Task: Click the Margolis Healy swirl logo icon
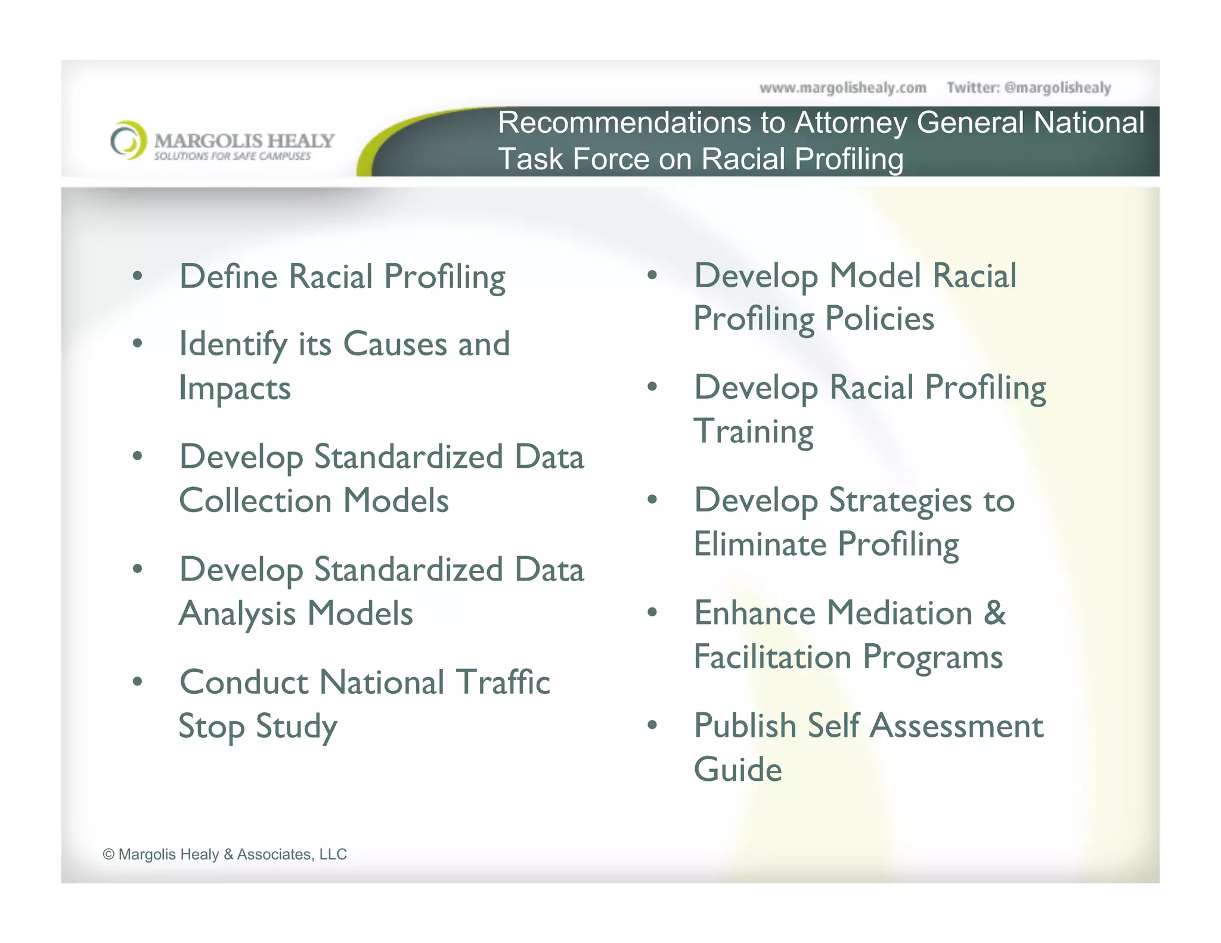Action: coord(128,141)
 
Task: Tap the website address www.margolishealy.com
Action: coord(842,88)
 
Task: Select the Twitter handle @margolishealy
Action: coord(1057,88)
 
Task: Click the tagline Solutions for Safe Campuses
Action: coord(233,156)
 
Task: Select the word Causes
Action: coord(395,345)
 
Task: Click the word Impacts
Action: coord(235,389)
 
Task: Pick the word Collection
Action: coord(255,501)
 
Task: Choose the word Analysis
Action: coord(237,614)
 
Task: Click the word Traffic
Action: coord(503,682)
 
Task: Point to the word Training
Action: coord(754,432)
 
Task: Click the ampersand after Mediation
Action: coord(994,613)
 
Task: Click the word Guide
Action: coord(737,770)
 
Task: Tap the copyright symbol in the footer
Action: coord(109,854)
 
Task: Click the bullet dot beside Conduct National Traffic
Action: coord(138,681)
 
